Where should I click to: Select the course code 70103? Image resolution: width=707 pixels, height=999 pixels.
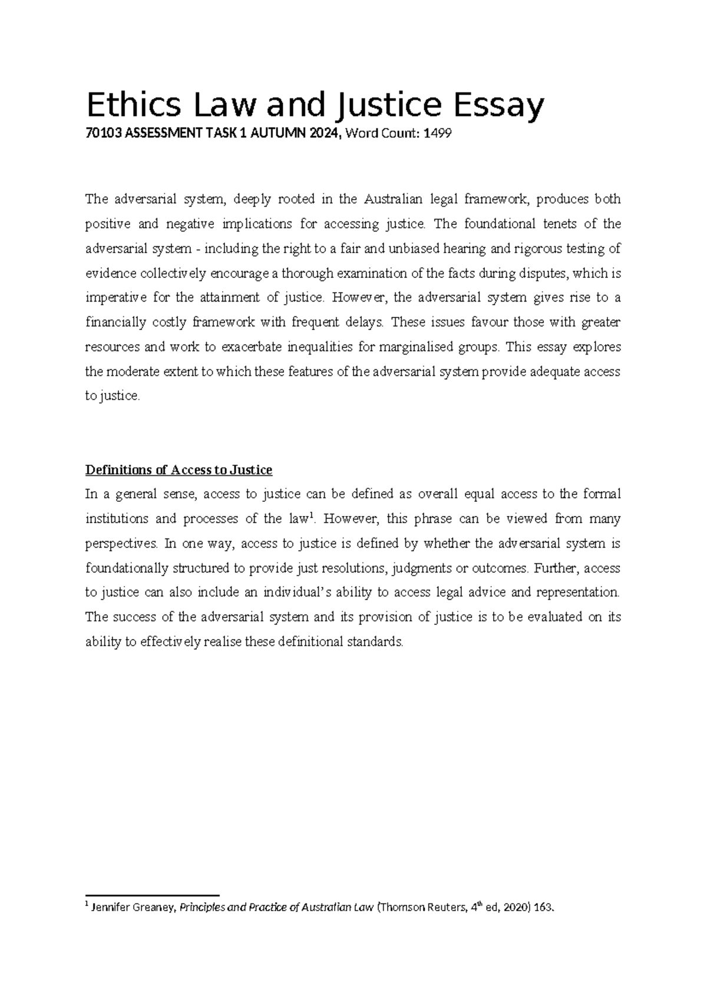(101, 135)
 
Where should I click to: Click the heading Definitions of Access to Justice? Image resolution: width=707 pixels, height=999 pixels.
(179, 470)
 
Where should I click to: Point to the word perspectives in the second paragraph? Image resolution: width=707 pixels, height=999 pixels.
(121, 544)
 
